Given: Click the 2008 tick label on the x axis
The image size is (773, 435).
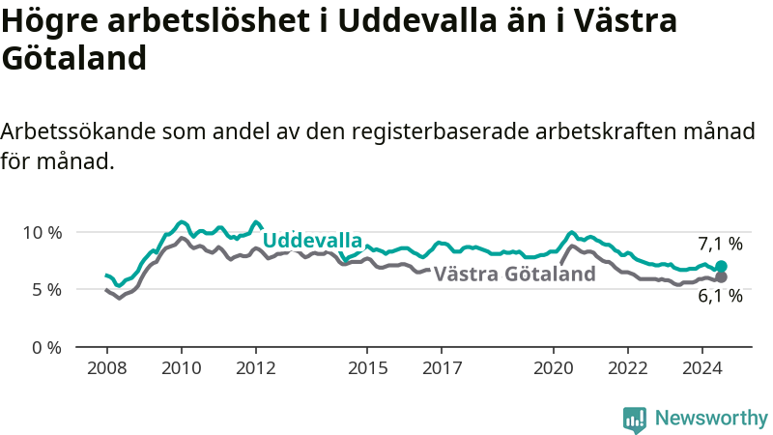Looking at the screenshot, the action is (x=107, y=368).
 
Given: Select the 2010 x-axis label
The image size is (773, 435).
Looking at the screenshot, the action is (x=182, y=368).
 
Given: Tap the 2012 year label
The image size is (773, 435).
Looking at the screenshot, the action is (x=256, y=368).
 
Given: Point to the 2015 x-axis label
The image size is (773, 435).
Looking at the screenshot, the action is (x=368, y=368).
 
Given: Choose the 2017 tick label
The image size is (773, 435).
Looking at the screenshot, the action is (x=443, y=368).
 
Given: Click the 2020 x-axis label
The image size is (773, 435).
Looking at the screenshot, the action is (x=554, y=368).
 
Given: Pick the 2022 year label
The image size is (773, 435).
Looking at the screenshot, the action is (x=628, y=368).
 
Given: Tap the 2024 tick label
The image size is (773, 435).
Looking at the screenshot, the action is (x=702, y=368).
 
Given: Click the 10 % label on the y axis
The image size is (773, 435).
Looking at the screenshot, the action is (x=43, y=232).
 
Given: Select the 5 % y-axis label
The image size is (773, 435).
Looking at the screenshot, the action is (x=47, y=290).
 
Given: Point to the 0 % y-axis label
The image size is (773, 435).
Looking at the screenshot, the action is (x=47, y=348).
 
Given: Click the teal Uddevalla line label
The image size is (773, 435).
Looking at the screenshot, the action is (x=312, y=240).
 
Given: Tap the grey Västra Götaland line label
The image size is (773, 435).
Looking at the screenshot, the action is (x=515, y=274).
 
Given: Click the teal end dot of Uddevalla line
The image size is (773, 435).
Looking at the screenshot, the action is (x=721, y=267).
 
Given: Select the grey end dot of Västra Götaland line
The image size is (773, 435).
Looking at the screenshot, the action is (x=721, y=277).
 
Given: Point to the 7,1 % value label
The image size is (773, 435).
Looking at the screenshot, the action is (x=720, y=244).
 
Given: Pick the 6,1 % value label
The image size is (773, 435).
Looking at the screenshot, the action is (x=720, y=296).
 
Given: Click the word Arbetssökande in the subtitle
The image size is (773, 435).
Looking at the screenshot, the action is (x=78, y=131).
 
